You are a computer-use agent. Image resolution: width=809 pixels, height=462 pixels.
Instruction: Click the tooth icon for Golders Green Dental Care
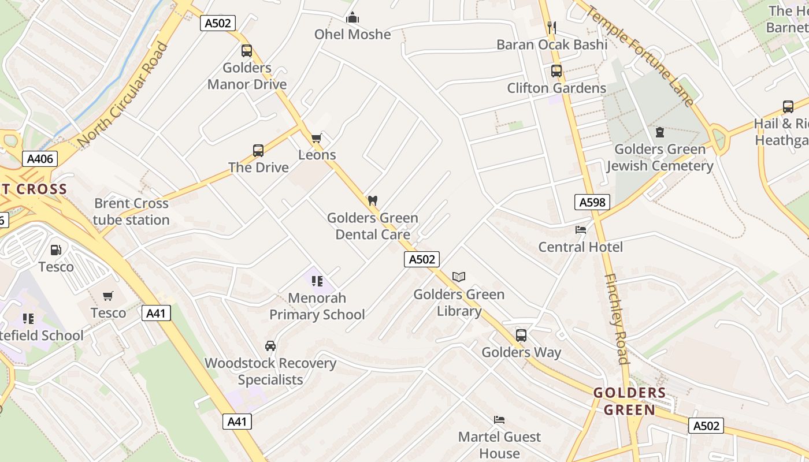(373, 201)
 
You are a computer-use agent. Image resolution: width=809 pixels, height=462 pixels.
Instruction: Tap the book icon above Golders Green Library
(459, 277)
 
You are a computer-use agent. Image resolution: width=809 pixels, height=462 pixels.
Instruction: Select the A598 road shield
(592, 202)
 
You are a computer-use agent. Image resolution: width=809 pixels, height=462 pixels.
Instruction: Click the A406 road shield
(40, 159)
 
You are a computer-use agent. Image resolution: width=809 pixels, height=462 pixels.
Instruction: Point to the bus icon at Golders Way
(521, 336)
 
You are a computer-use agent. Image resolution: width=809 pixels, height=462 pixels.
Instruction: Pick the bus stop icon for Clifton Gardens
(556, 72)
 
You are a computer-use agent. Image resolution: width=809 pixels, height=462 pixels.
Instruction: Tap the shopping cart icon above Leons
(317, 138)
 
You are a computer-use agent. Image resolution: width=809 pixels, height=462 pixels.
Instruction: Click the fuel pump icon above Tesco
(56, 250)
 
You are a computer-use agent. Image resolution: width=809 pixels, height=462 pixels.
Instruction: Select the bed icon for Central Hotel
(581, 230)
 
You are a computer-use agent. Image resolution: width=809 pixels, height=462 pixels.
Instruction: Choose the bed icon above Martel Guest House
(499, 420)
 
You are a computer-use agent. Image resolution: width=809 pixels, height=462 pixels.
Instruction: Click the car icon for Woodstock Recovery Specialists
(270, 346)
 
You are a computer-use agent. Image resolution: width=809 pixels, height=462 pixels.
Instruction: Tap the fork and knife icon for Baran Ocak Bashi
(551, 27)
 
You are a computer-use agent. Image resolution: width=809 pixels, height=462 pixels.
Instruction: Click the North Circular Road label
(122, 95)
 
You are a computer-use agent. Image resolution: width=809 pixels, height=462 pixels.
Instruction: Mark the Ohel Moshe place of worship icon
(352, 18)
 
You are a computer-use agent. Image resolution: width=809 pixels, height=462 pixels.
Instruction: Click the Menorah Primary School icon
(317, 281)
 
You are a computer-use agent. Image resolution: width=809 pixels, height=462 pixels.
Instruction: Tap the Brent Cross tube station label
(131, 211)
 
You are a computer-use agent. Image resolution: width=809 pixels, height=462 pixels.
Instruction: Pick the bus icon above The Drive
(258, 151)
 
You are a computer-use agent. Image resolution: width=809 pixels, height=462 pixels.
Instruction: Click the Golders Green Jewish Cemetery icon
(659, 132)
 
